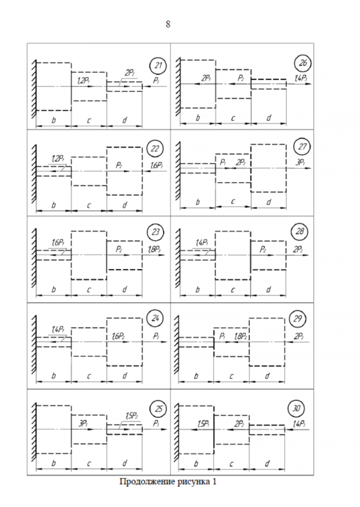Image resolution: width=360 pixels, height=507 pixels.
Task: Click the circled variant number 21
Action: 158,65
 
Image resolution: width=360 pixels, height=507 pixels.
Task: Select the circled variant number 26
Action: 303,64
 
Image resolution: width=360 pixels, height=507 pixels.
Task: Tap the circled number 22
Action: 155,149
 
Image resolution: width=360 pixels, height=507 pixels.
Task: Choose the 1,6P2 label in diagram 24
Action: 117,336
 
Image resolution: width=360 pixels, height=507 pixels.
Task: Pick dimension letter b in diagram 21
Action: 53,120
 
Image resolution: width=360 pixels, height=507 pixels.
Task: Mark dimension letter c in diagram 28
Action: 233,289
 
